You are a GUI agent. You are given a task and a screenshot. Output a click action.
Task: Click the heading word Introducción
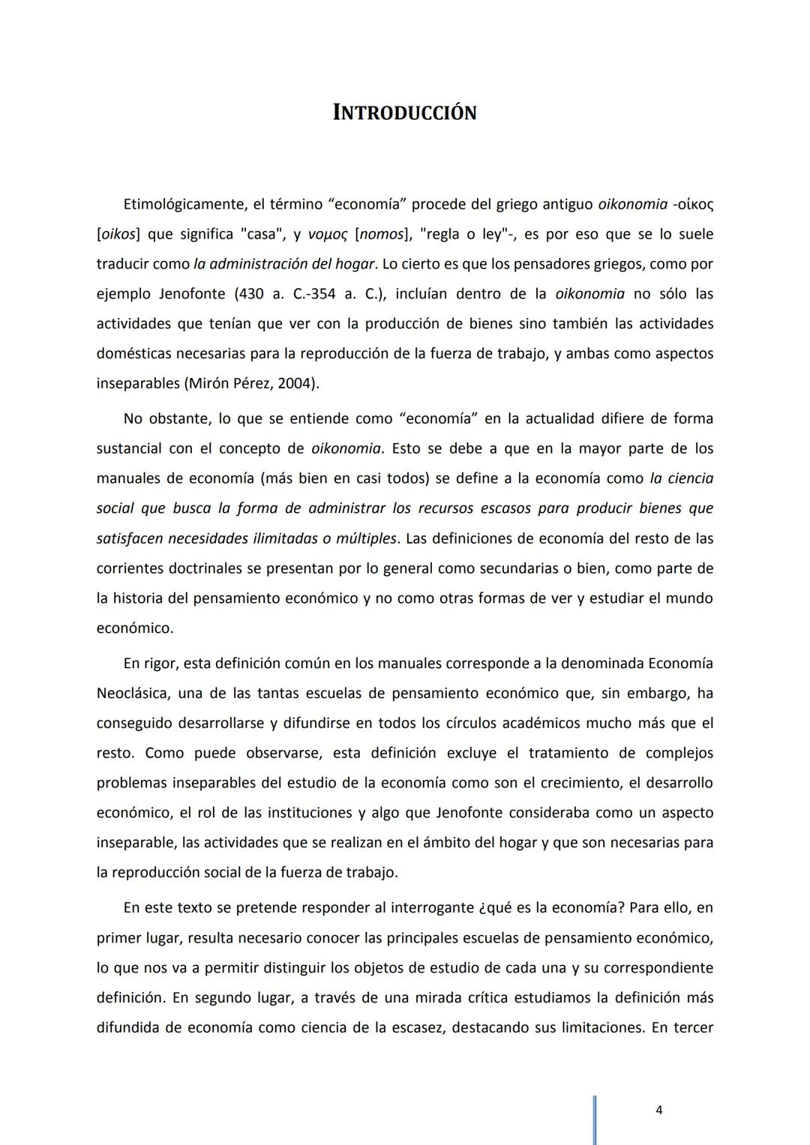(405, 113)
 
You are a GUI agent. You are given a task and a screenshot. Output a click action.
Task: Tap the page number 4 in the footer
(658, 1111)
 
